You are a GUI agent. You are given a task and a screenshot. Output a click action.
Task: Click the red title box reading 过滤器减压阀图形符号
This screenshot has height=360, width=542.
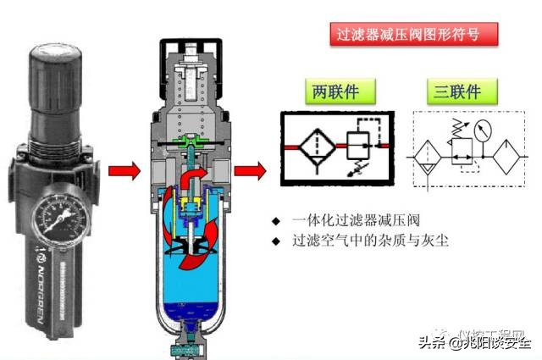pyautogui.click(x=412, y=35)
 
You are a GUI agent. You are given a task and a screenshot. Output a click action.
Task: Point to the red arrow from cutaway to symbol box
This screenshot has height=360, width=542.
pyautogui.click(x=248, y=171)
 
